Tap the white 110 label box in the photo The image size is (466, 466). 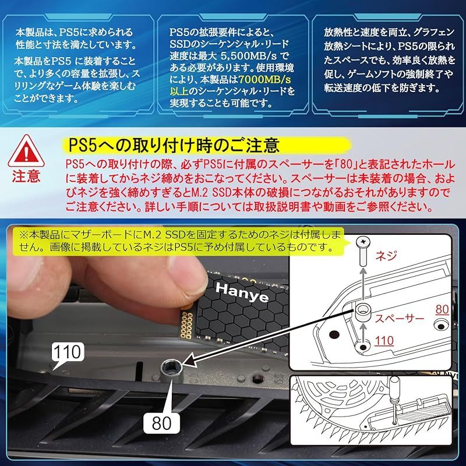68,352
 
